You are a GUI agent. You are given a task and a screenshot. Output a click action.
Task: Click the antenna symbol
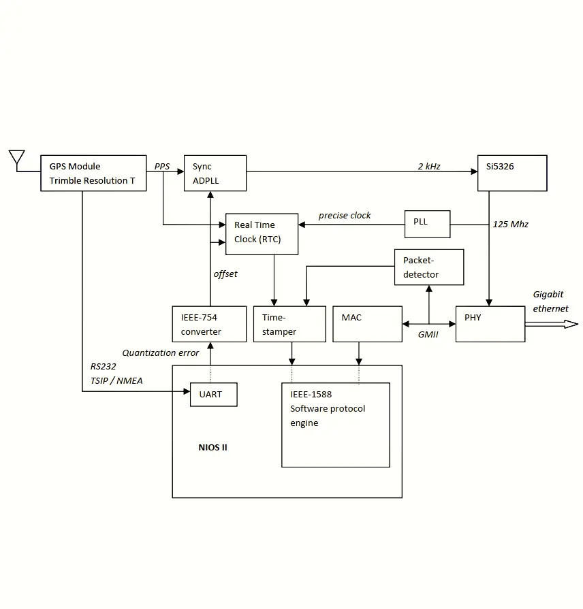click(x=16, y=159)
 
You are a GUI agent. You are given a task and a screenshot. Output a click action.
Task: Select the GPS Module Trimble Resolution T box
click(x=93, y=173)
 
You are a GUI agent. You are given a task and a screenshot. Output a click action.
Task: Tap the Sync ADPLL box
click(x=215, y=173)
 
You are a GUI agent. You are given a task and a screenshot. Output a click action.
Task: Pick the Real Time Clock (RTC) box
click(x=262, y=234)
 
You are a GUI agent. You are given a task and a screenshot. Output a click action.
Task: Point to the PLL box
click(x=427, y=224)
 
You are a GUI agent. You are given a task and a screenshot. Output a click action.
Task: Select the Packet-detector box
click(x=429, y=267)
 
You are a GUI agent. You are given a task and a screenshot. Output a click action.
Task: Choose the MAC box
click(x=368, y=324)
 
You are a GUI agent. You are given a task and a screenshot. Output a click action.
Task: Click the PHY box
click(x=490, y=324)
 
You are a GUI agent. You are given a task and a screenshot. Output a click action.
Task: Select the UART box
click(x=213, y=395)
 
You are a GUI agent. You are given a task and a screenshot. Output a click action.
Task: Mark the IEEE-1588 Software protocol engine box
click(x=336, y=425)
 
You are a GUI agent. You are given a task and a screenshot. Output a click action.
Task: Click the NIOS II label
click(x=212, y=448)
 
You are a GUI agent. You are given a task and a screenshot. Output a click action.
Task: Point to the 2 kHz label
click(x=429, y=166)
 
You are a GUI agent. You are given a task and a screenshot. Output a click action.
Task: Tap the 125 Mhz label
click(x=510, y=224)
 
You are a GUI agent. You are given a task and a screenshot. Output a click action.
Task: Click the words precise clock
click(x=345, y=216)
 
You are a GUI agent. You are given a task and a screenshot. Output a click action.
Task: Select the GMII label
click(x=428, y=334)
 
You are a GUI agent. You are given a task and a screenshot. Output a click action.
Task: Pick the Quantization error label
click(x=161, y=352)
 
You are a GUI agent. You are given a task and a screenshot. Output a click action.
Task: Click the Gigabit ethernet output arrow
click(x=552, y=325)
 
